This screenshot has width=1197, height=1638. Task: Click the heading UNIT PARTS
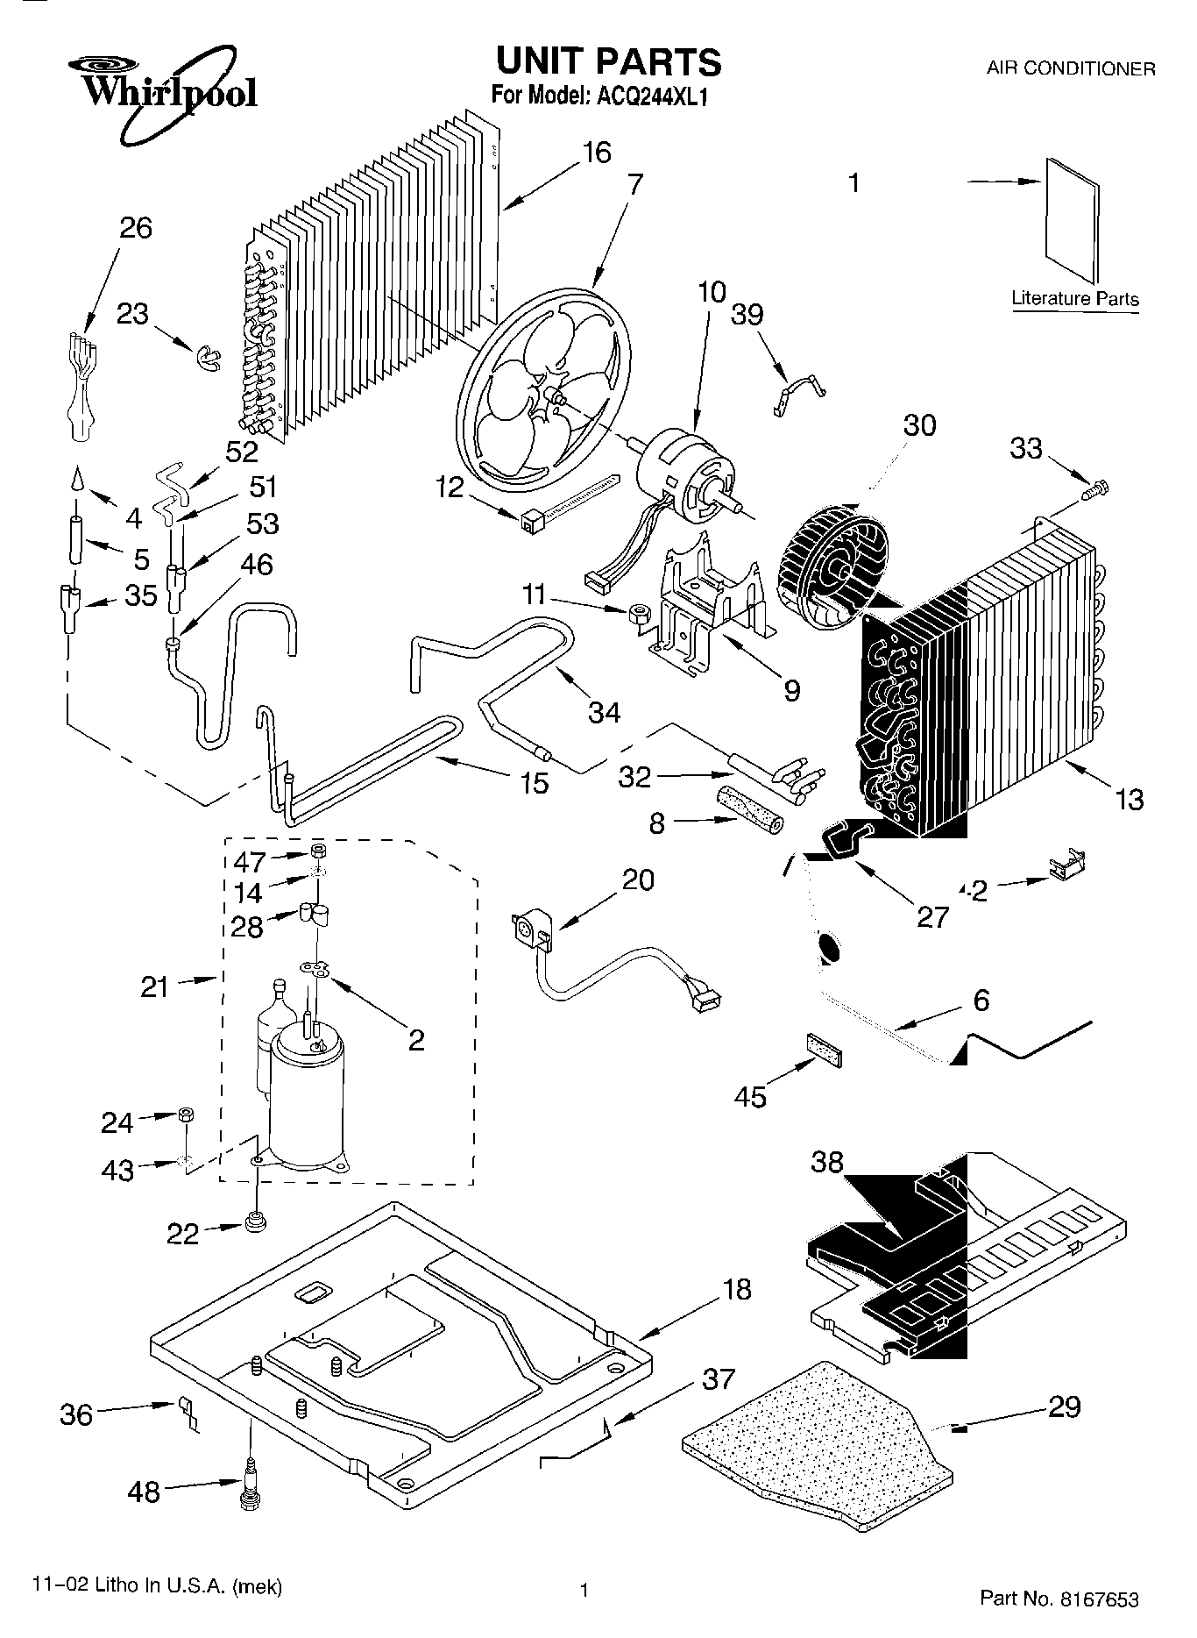click(608, 61)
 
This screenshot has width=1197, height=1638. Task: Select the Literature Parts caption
click(1074, 298)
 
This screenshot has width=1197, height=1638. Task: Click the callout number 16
click(596, 153)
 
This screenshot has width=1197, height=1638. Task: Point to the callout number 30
click(919, 425)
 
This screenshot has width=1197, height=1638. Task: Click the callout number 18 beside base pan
click(737, 1289)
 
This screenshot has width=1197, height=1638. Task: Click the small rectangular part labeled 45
click(824, 1050)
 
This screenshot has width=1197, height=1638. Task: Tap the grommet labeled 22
click(256, 1221)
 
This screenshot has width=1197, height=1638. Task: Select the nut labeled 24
click(186, 1115)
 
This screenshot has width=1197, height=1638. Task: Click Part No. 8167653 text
click(1059, 1599)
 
